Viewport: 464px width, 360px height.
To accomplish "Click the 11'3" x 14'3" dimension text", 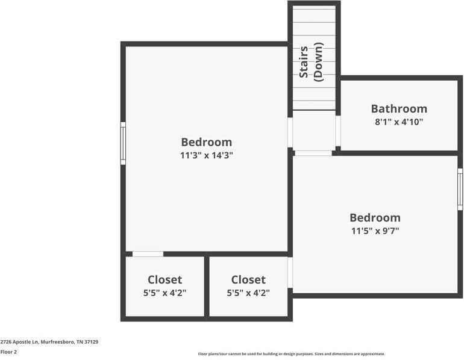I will [206, 155].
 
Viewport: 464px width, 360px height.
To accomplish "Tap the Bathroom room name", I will [399, 109].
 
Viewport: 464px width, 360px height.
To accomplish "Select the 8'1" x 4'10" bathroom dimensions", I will [399, 122].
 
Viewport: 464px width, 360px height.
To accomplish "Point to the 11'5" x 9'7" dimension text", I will [375, 231].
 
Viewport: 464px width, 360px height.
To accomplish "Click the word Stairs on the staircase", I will [304, 62].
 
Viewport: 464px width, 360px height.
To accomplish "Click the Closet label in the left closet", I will [165, 280].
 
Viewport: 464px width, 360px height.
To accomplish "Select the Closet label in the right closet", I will [248, 280].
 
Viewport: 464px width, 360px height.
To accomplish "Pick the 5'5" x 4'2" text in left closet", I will [165, 293].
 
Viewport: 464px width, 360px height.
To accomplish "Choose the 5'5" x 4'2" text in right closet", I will [248, 293].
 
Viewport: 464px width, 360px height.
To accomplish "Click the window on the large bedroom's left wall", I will [123, 143].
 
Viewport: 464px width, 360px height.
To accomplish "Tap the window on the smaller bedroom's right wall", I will [460, 189].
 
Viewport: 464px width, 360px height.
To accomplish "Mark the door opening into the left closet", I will [148, 254].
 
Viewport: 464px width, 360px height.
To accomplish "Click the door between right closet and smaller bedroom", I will [290, 273].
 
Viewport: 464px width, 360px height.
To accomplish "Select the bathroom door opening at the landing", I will [337, 131].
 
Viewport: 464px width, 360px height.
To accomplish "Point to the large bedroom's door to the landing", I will [290, 132].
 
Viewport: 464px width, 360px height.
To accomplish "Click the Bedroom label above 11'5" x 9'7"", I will [375, 217].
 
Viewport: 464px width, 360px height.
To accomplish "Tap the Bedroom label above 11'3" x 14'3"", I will [206, 142].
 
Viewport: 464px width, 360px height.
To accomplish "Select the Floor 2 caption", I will [8, 352].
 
